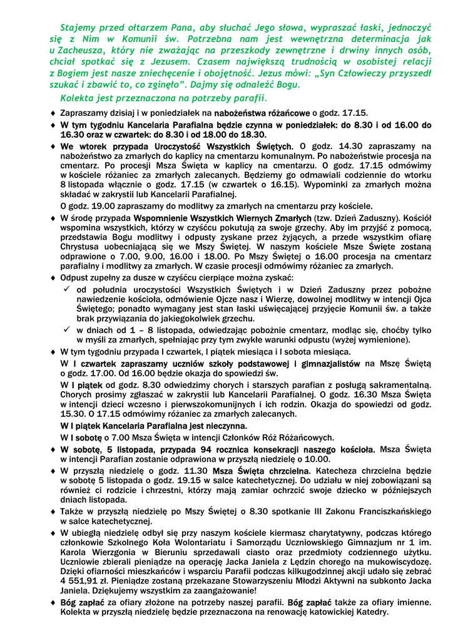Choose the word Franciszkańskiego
point(384,511)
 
